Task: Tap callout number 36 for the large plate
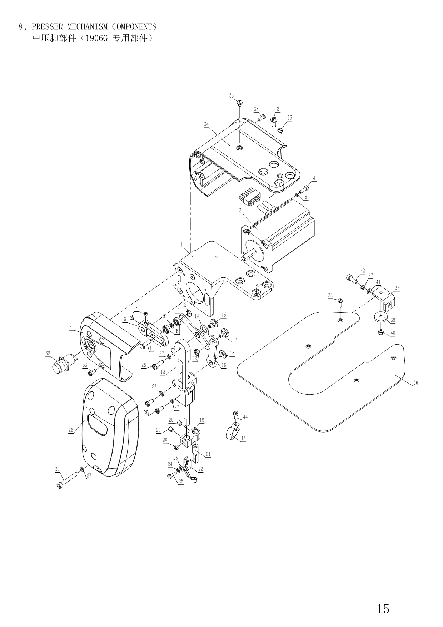pyautogui.click(x=415, y=382)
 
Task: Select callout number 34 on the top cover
pyautogui.click(x=206, y=124)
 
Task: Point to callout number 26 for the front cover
pyautogui.click(x=71, y=430)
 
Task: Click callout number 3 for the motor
pyautogui.click(x=240, y=211)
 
